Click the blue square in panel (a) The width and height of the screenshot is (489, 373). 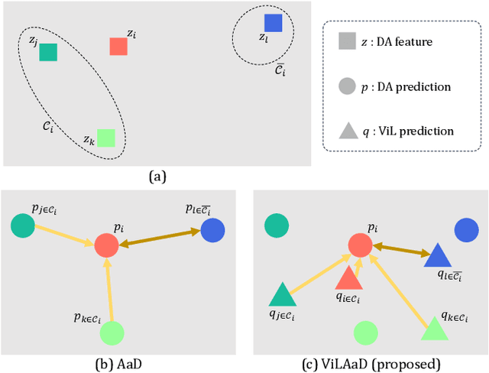point(273,23)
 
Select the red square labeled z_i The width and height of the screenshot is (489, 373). point(118,46)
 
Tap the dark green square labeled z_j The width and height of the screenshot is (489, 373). point(48,52)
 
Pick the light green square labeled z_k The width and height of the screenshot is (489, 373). point(106,138)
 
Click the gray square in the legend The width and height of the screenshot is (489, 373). point(348,42)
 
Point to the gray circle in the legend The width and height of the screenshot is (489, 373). point(348,86)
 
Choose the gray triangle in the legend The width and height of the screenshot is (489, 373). point(348,131)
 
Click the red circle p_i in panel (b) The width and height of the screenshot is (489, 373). point(106,245)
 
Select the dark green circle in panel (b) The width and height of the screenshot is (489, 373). point(23,225)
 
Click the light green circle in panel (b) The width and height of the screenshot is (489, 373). point(112,332)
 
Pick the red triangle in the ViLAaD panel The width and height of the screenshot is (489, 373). point(348,278)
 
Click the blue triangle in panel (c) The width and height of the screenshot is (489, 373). point(439,255)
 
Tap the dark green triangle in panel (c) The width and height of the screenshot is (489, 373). point(280,294)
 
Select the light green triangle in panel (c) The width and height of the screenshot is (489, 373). point(433,329)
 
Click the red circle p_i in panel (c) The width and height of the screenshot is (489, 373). point(360,245)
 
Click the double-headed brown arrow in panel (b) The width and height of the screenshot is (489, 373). point(159,237)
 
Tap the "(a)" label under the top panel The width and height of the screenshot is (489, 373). point(157,177)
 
